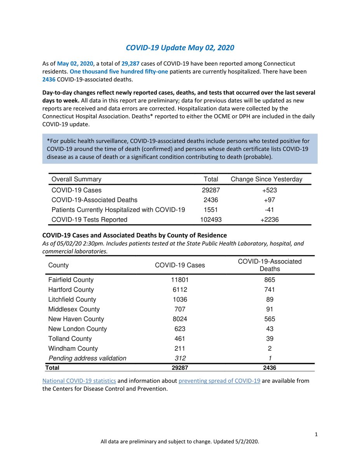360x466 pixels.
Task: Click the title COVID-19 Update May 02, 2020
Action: coord(180,48)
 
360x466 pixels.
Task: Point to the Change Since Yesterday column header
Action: coord(266,179)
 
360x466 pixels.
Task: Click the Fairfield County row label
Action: coord(71,280)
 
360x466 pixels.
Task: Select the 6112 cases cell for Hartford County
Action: coord(180,290)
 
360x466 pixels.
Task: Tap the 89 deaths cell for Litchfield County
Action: coord(270,299)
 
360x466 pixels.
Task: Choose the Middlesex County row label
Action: coord(74,309)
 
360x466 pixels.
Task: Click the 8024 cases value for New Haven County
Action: coord(180,319)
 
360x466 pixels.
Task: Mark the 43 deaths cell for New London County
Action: coord(270,329)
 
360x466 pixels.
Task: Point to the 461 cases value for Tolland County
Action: coord(180,339)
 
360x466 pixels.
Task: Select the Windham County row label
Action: coord(73,348)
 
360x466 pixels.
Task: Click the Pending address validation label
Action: coord(87,358)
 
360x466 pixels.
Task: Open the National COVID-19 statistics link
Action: coord(79,381)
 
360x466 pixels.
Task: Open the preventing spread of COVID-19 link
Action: coord(219,381)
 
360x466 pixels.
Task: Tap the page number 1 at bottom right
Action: coord(317,434)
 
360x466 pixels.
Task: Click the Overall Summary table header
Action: coord(76,179)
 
